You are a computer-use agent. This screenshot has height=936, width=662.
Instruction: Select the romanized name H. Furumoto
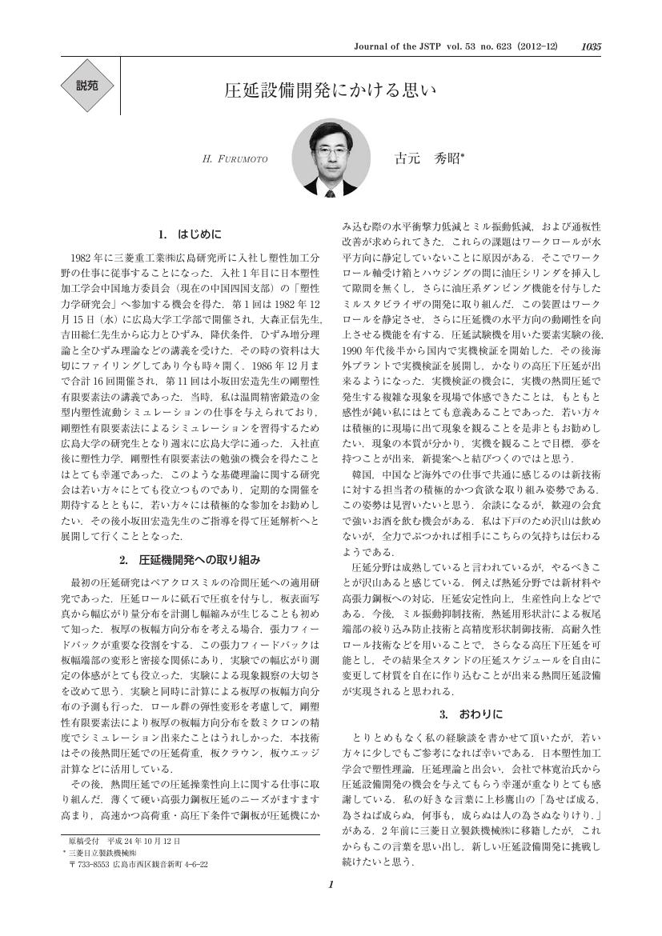coord(236,159)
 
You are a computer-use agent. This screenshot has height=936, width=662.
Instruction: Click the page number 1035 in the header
coord(591,48)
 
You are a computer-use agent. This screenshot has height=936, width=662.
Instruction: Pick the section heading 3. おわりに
coord(471,713)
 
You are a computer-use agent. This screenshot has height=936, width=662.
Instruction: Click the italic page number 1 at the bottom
coord(331,906)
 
